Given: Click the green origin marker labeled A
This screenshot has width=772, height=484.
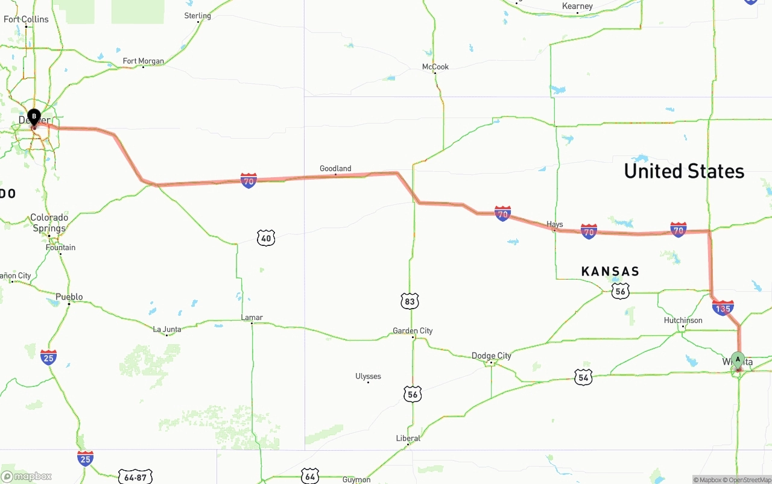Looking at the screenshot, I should (737, 360).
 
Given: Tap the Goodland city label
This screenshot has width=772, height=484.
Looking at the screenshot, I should (335, 169).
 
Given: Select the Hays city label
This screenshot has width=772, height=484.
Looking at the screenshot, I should (554, 224).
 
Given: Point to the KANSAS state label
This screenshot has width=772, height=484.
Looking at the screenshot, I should (610, 272).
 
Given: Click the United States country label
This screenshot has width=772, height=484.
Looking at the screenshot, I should (684, 171).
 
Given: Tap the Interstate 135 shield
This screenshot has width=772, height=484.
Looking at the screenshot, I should (723, 308).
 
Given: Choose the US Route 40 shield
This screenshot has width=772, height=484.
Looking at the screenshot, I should (266, 238).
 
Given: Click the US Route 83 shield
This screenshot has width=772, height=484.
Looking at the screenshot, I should (410, 301).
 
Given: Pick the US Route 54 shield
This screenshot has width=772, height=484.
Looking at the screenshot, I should (583, 377).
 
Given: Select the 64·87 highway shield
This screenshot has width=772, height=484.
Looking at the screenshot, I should (135, 477).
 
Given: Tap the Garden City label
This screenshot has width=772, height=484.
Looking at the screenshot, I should (413, 331).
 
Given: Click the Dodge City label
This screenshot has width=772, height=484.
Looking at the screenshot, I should (491, 356).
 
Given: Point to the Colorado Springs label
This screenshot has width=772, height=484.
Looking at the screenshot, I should (49, 223).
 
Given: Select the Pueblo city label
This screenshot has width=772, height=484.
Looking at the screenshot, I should (69, 297).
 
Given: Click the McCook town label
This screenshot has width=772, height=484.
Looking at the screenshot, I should (435, 67).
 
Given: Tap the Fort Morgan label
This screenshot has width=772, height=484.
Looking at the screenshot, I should (143, 61).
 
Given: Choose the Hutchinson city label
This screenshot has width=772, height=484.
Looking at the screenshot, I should (683, 320).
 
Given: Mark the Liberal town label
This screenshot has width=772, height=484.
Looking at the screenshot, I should (408, 438).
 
